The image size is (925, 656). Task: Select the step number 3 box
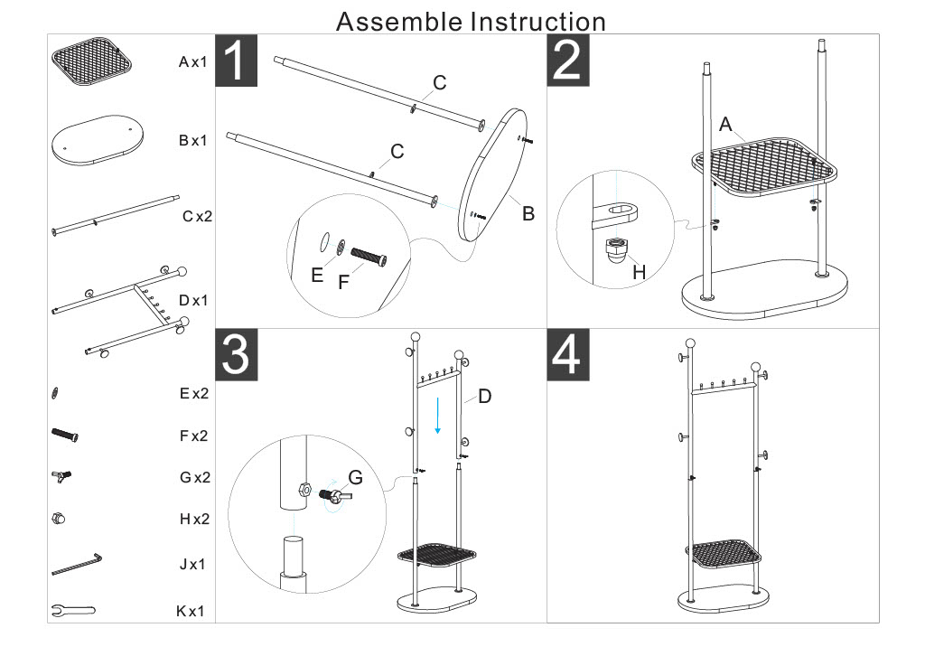pos(238,354)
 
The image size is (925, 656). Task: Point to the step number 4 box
pos(569,354)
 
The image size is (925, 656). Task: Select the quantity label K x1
pos(191,612)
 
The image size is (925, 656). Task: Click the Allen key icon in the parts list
pos(78,566)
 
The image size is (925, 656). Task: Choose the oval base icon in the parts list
pos(93,140)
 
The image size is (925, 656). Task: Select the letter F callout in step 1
pos(343,282)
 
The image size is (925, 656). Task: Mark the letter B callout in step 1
pos(528,214)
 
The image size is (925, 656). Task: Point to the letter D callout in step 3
pos(484,396)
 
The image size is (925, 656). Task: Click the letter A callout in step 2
pos(724,126)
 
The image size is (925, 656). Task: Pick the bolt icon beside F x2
pos(65,435)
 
